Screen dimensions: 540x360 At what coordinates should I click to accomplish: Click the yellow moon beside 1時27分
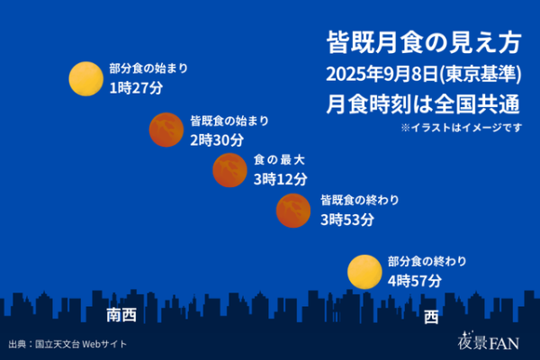(x=85, y=78)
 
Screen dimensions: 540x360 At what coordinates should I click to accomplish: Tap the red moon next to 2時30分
(x=166, y=130)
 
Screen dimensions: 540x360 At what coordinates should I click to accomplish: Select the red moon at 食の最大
(x=229, y=170)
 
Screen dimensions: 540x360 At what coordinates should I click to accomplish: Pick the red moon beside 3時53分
(x=293, y=211)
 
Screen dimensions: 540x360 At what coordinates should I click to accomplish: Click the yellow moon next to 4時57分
(x=364, y=272)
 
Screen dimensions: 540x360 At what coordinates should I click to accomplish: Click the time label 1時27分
(x=136, y=88)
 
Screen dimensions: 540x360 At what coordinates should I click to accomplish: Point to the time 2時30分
(x=217, y=140)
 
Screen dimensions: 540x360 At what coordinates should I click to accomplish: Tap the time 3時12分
(x=280, y=179)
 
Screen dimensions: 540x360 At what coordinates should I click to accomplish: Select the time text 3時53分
(x=347, y=220)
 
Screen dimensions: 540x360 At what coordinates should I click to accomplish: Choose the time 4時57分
(x=415, y=281)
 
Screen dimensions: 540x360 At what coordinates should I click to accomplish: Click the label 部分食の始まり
(x=148, y=68)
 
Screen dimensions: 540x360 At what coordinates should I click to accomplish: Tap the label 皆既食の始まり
(x=229, y=121)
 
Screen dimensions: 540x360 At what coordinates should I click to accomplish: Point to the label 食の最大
(x=279, y=160)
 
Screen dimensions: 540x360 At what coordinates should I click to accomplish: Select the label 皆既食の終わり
(x=360, y=200)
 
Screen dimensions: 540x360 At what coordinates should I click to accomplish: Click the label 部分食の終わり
(x=427, y=262)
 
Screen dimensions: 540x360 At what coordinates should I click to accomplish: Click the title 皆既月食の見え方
(x=424, y=42)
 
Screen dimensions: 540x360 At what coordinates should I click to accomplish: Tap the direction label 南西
(x=121, y=315)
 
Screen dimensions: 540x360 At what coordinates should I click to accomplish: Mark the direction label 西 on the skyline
(x=431, y=317)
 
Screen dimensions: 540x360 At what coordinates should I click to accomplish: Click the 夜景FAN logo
(x=489, y=341)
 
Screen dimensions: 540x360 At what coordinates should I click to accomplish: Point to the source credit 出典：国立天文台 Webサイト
(x=67, y=344)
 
